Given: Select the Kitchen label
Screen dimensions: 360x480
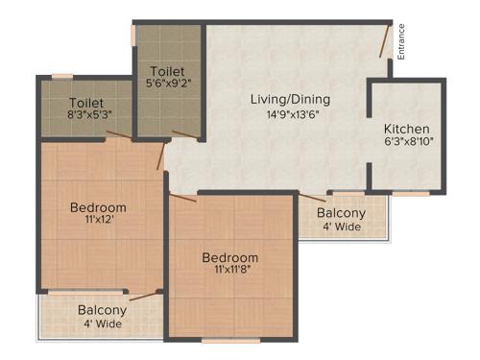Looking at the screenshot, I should [x=407, y=129].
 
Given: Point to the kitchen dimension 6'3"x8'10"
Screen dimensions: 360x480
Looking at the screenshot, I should [x=408, y=142].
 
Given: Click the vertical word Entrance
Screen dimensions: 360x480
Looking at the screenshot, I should [x=402, y=40].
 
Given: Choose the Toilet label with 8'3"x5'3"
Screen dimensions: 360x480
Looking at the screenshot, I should [x=85, y=102].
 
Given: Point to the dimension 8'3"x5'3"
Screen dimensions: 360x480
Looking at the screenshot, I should [x=85, y=115].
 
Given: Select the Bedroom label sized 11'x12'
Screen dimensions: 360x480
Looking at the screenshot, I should [x=98, y=207].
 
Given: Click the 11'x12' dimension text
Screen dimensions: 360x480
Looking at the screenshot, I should [x=98, y=221].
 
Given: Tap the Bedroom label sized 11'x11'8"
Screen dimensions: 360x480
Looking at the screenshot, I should [x=229, y=257].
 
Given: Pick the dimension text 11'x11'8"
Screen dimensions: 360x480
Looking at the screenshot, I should [x=229, y=272].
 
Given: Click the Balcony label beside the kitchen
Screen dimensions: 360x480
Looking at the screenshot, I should [x=341, y=213].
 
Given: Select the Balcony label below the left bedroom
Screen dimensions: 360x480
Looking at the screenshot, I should [x=102, y=310].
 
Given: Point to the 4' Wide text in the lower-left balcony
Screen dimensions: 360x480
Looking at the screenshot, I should [x=102, y=324].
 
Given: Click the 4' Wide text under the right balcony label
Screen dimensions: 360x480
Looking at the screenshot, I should [x=341, y=228].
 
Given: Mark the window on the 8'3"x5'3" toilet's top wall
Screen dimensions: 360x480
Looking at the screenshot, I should [x=62, y=76].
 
